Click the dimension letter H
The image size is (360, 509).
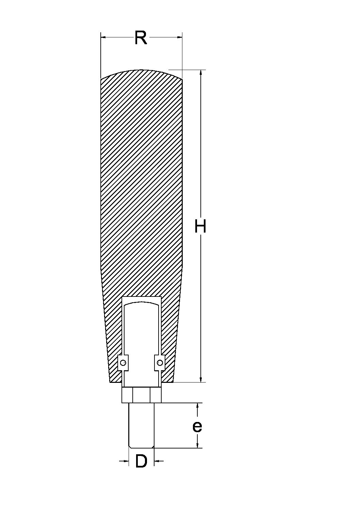[x=200, y=226]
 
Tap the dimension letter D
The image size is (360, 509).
[x=141, y=461]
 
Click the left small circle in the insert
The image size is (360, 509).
[x=123, y=363]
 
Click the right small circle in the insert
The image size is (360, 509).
[x=160, y=363]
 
